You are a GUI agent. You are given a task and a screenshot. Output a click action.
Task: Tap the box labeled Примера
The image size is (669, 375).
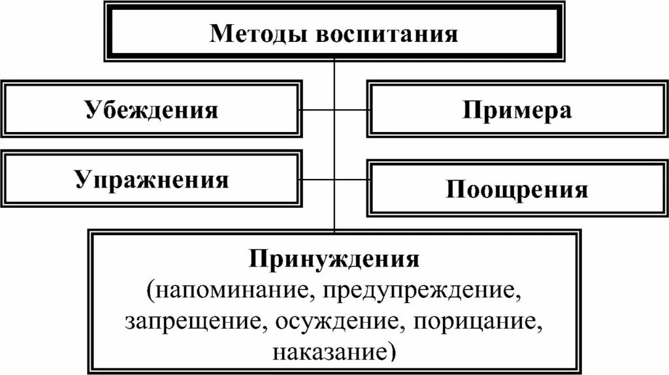pos(517,109)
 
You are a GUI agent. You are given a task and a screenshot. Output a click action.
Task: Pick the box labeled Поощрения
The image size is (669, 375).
pos(517,189)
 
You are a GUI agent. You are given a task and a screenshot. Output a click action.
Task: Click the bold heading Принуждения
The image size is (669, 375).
pos(334,259)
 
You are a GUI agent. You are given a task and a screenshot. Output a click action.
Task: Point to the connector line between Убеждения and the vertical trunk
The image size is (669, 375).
pos(318,109)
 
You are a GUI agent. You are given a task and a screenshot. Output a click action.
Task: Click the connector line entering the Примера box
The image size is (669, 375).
pos(351,109)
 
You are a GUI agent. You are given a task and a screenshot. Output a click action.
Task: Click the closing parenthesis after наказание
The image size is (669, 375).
pos(391,353)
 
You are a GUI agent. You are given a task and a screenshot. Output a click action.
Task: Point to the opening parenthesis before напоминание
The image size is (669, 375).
pos(151,291)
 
